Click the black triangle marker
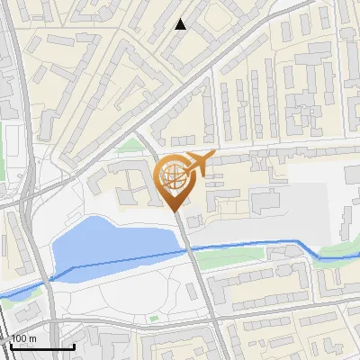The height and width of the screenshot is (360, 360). tap(180, 24)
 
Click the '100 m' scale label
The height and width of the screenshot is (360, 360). tap(23, 339)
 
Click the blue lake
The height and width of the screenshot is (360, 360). tap(108, 243)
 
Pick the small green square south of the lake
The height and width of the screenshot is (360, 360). tap(155, 318)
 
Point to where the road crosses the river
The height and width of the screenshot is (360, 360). tap(190, 247)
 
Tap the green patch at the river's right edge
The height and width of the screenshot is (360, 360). tap(337, 254)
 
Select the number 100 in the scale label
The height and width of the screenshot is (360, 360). tap(19, 339)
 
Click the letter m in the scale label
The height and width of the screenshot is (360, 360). tap(31, 339)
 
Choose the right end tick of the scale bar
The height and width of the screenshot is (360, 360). tap(73, 345)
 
